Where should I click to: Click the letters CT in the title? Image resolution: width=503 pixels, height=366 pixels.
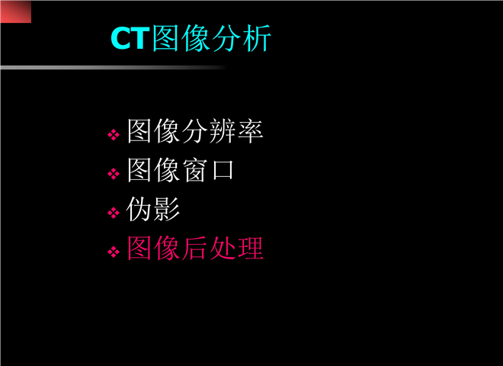(x=130, y=38)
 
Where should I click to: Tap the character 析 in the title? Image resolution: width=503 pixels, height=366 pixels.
(x=257, y=38)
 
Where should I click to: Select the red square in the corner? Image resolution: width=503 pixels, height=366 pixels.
(x=16, y=11)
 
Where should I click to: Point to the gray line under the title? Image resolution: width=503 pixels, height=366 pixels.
(x=114, y=67)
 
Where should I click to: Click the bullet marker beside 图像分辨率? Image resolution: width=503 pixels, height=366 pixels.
(x=114, y=135)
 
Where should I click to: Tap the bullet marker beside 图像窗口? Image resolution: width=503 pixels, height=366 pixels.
(x=114, y=174)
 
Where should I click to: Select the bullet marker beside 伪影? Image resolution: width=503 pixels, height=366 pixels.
(x=114, y=213)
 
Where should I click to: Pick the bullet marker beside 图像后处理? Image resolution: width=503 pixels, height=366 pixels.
(x=114, y=252)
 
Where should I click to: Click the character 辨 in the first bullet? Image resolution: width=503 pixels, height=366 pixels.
(x=223, y=131)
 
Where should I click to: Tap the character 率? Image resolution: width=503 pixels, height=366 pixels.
(x=250, y=131)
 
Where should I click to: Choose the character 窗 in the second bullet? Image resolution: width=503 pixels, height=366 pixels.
(x=195, y=170)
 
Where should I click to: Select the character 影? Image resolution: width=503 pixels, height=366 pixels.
(x=167, y=210)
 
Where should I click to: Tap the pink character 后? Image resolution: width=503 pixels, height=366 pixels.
(x=195, y=248)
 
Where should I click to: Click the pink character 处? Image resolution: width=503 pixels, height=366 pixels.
(x=223, y=248)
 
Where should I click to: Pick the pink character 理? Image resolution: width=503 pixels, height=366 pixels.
(x=250, y=248)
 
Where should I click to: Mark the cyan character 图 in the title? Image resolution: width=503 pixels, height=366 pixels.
(x=165, y=38)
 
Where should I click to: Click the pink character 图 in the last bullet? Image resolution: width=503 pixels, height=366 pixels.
(x=139, y=248)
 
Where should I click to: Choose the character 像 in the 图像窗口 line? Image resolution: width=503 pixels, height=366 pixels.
(x=167, y=170)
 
